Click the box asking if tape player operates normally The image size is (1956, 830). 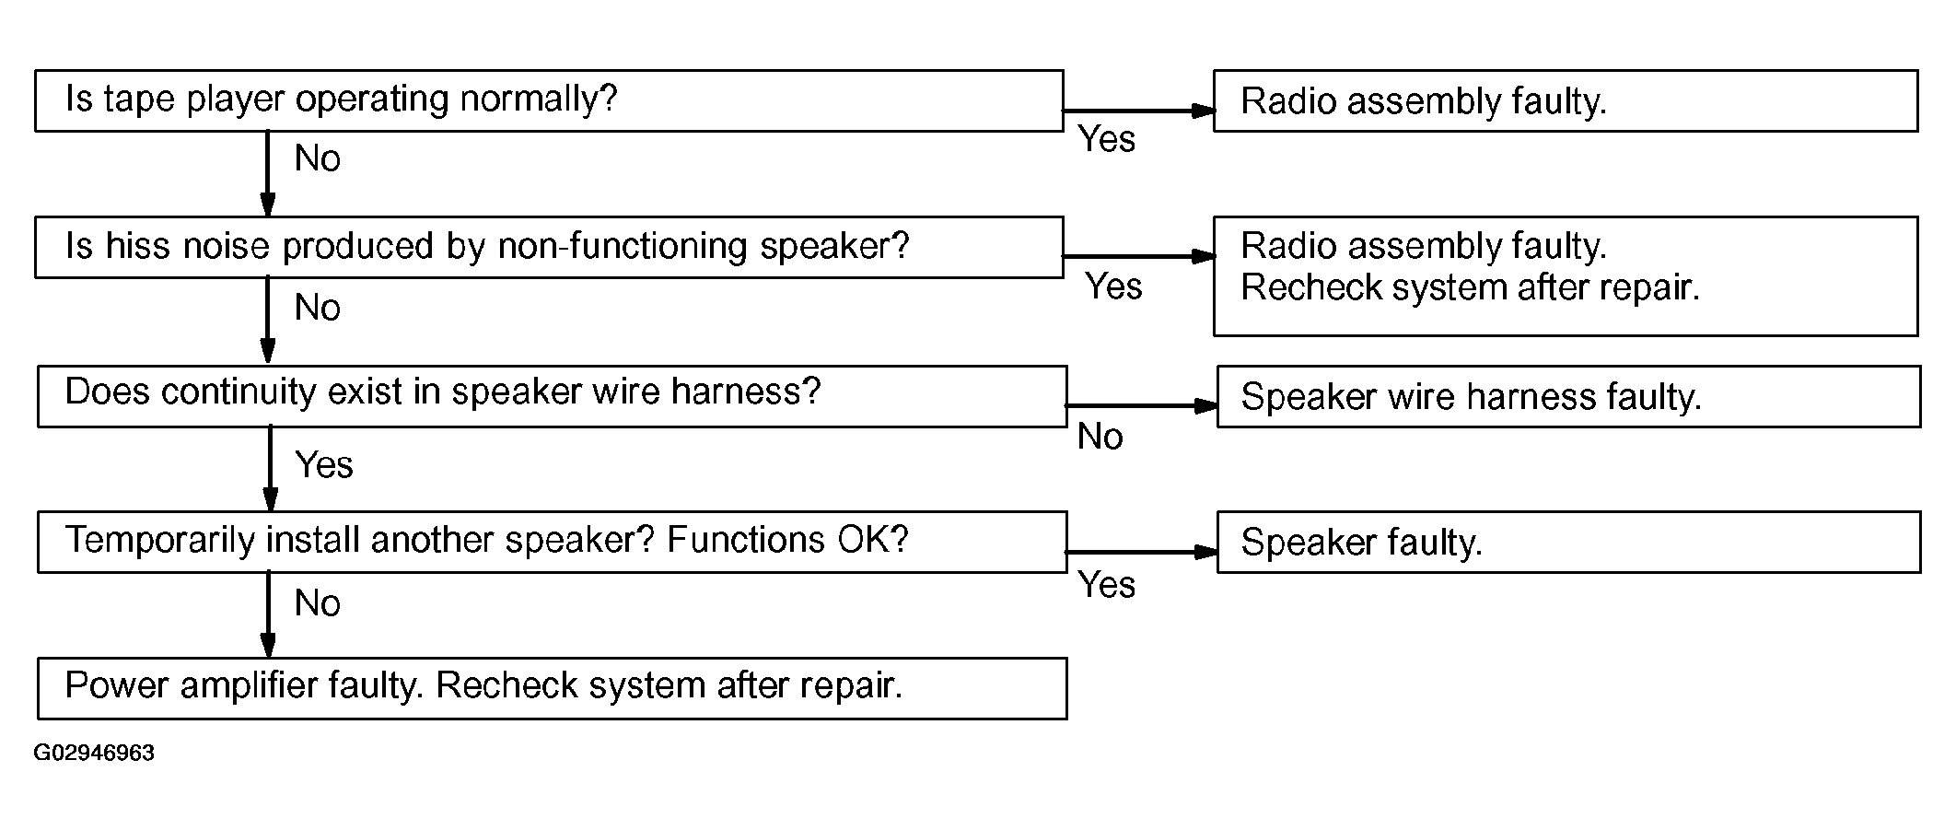(x=549, y=100)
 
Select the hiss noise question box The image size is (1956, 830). (x=549, y=247)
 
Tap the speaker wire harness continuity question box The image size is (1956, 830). (x=552, y=396)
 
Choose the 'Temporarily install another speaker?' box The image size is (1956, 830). (x=552, y=542)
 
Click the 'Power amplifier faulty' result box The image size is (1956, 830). (x=552, y=688)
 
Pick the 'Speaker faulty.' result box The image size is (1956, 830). (x=1568, y=542)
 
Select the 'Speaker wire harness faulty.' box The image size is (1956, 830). (x=1568, y=396)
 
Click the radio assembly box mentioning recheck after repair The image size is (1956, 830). (x=1566, y=276)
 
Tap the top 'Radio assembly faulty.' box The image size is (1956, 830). (x=1566, y=100)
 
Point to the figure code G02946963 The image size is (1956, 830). (x=94, y=753)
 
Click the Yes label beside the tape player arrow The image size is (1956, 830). (x=1107, y=139)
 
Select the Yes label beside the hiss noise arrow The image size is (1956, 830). (x=1113, y=286)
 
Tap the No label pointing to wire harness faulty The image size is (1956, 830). (x=1100, y=437)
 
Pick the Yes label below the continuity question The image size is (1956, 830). (x=324, y=465)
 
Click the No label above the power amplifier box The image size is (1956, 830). (x=318, y=603)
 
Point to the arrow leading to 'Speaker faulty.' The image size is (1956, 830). (x=1142, y=552)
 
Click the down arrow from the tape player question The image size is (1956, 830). (x=268, y=174)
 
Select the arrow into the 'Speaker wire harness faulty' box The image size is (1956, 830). (x=1142, y=405)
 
